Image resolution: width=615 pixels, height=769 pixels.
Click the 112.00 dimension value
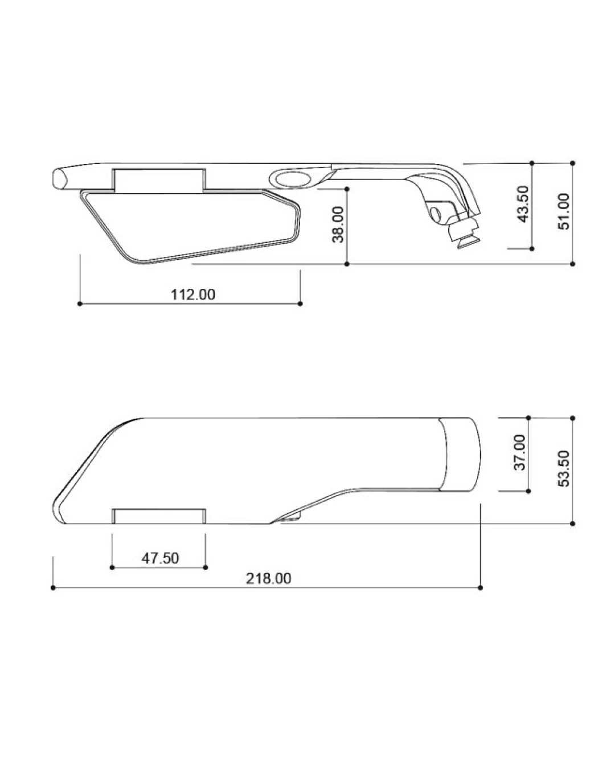192,295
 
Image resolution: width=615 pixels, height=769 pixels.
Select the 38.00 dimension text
338,224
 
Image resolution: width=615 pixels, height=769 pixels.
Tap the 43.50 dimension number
523,204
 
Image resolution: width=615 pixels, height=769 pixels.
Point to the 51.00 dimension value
564,211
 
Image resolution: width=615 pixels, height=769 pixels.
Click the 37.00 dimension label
519,452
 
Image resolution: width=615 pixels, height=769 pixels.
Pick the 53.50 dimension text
564,468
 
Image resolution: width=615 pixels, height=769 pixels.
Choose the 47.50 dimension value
160,558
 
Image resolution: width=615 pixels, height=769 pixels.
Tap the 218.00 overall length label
268,579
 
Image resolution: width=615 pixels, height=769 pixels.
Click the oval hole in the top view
294,178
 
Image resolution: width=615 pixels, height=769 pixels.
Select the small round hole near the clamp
436,215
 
